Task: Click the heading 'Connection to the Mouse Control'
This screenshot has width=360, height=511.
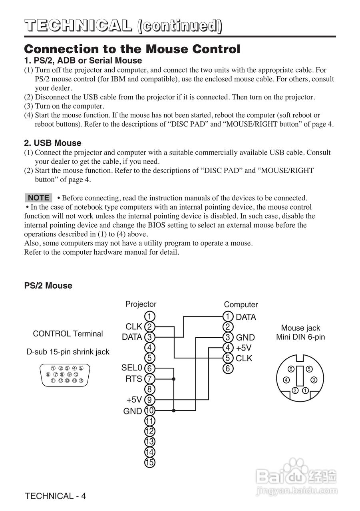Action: (x=132, y=49)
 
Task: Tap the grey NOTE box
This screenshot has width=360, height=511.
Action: (x=38, y=198)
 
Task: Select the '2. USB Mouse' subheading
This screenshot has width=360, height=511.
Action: (x=53, y=143)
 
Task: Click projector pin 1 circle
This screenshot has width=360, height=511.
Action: (x=149, y=317)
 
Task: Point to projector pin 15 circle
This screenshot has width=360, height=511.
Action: (x=149, y=463)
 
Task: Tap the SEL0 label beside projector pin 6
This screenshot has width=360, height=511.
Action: (x=132, y=368)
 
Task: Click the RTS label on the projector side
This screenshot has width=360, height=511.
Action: (x=134, y=378)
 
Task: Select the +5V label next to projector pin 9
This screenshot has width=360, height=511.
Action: (x=134, y=400)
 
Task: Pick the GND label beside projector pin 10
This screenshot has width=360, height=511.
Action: (x=133, y=411)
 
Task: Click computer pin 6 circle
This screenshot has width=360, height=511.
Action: (x=228, y=368)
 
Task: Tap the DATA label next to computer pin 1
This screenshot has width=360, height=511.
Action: (x=246, y=317)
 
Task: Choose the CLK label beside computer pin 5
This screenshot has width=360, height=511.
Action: (x=244, y=358)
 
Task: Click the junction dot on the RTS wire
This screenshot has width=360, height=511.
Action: (x=174, y=378)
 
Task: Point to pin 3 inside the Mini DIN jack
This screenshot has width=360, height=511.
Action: (x=314, y=380)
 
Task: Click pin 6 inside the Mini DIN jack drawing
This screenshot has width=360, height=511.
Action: (x=291, y=369)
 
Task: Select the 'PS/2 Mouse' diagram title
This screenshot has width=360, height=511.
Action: (x=48, y=285)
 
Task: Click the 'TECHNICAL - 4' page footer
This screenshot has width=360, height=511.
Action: (x=55, y=496)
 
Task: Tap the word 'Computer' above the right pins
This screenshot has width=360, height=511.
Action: (x=241, y=305)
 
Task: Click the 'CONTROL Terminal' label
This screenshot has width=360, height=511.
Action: (x=68, y=334)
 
